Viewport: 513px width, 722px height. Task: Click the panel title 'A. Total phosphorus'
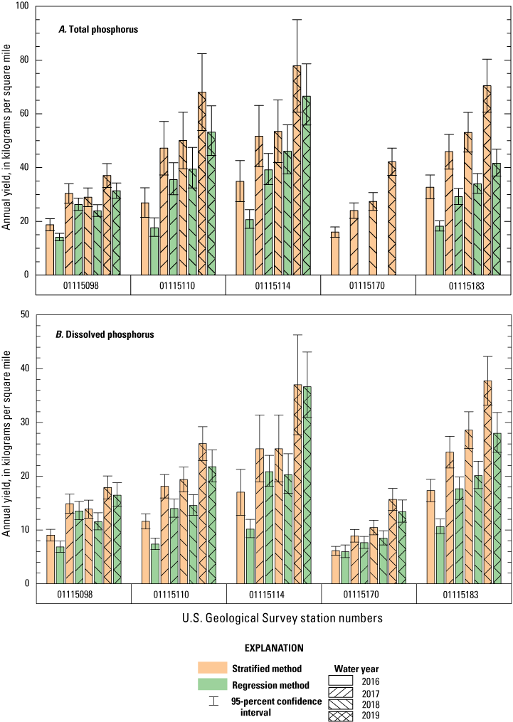98,30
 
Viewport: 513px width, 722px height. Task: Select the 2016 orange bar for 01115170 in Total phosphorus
335,254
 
